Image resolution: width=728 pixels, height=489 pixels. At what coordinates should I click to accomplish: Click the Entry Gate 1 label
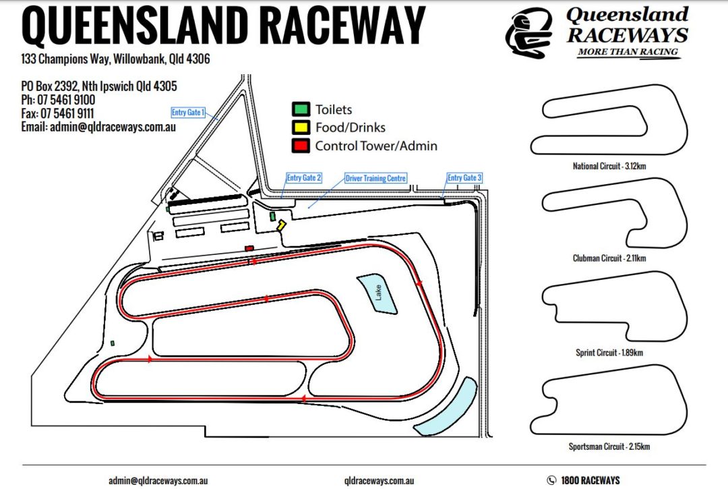click(x=188, y=113)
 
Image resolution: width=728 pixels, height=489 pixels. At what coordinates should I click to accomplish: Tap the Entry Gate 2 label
click(x=303, y=178)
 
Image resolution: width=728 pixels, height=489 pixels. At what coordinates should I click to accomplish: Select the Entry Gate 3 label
click(x=464, y=178)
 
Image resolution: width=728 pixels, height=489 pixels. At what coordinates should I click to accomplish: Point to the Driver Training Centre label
click(x=375, y=178)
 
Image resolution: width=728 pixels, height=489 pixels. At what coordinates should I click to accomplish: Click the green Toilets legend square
click(x=301, y=109)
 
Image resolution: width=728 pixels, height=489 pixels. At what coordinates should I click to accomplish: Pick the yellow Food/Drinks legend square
click(x=301, y=127)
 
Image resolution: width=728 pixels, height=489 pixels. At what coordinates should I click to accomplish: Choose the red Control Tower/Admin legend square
click(x=301, y=146)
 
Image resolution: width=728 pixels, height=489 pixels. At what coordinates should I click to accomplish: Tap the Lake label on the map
click(x=378, y=293)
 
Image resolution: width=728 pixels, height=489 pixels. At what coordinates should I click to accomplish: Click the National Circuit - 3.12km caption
click(x=613, y=166)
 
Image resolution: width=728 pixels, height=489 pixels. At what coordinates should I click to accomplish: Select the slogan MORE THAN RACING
click(x=628, y=52)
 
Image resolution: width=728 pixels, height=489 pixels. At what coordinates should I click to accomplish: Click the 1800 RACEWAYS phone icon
click(x=552, y=480)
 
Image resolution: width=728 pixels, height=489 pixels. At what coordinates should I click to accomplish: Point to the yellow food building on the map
click(x=281, y=225)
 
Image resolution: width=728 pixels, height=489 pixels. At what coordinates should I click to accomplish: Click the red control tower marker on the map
click(x=249, y=248)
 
